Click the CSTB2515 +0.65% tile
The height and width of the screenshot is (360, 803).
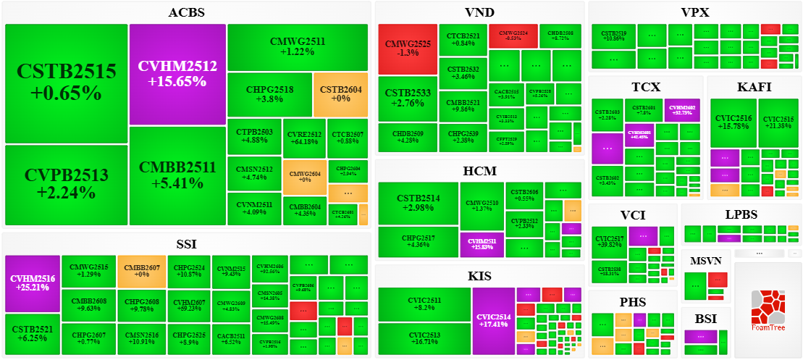click(66, 83)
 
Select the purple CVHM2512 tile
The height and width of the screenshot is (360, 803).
click(177, 74)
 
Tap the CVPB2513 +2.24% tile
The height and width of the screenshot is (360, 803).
click(66, 184)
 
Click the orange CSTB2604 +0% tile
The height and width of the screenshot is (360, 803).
click(341, 94)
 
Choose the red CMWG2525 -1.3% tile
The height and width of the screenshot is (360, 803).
click(408, 49)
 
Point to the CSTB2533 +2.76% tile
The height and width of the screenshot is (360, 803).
click(408, 98)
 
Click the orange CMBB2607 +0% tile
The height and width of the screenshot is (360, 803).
click(141, 272)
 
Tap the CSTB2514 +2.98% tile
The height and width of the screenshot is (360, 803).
click(418, 203)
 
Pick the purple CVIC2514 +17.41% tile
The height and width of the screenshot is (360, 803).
click(493, 321)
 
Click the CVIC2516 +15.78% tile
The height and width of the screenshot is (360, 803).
click(733, 122)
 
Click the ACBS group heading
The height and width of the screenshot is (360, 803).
click(186, 12)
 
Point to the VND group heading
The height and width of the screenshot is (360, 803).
click(480, 12)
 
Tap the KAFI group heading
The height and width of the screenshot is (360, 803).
click(754, 87)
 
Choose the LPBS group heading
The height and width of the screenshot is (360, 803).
click(741, 214)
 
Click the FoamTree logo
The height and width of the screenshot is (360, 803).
click(768, 310)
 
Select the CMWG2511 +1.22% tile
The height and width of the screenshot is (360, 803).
click(297, 46)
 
